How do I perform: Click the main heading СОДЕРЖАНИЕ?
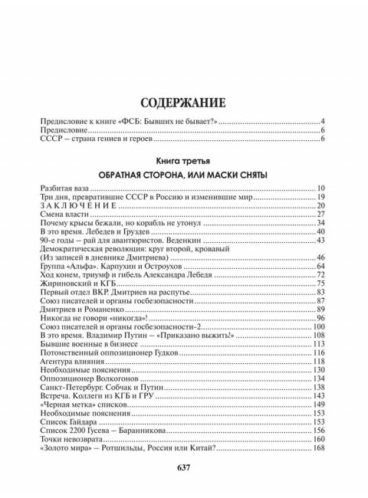(183, 103)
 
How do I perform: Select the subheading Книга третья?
(183, 162)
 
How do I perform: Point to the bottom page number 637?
(183, 467)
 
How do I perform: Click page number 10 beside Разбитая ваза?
(322, 188)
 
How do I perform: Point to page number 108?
(320, 336)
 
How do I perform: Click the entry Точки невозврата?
(74, 440)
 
